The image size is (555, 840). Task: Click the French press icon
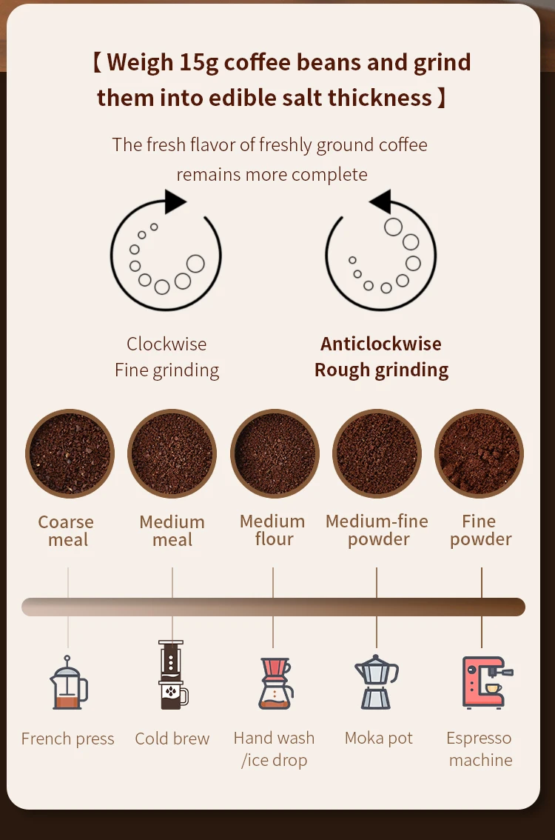(x=68, y=684)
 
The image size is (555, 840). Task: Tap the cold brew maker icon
(x=172, y=676)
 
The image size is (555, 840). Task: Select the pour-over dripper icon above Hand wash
(x=275, y=683)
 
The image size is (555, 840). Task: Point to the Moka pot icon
(x=377, y=682)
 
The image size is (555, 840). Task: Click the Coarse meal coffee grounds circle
(x=70, y=453)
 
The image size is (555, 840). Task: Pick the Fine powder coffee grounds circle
(x=479, y=453)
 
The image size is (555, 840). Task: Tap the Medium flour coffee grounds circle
(x=275, y=453)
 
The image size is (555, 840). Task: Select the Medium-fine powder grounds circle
(x=377, y=453)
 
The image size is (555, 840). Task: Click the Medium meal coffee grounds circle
(x=172, y=453)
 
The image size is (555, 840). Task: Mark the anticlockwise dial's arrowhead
(x=380, y=201)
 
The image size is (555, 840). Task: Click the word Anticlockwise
(x=380, y=344)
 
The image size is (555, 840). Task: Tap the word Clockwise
(x=166, y=344)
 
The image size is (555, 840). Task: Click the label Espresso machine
(x=480, y=749)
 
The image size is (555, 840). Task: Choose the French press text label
(x=68, y=739)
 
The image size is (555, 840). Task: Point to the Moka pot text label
(x=378, y=738)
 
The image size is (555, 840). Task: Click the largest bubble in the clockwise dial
(x=195, y=263)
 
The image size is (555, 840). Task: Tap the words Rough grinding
(x=381, y=370)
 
